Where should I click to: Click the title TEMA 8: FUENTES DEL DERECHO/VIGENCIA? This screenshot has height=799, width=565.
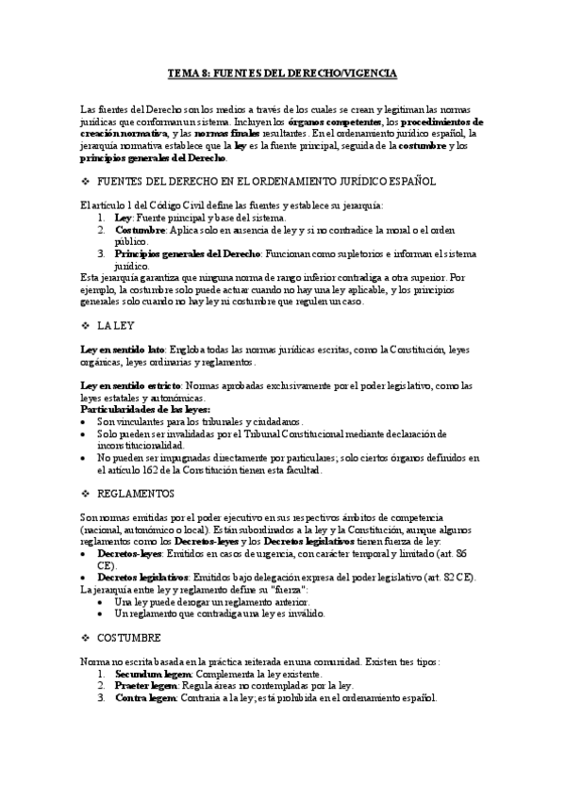coord(282,73)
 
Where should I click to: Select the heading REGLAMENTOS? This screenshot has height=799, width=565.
coord(141,493)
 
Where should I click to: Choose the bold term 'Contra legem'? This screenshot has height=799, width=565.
coord(145,698)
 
